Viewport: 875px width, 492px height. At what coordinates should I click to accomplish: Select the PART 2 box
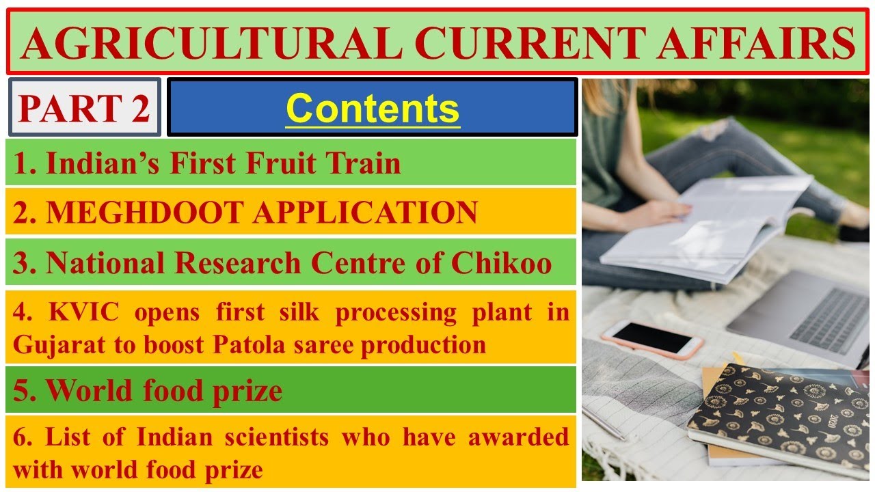(x=85, y=108)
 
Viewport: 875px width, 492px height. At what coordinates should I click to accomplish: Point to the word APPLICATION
(x=365, y=213)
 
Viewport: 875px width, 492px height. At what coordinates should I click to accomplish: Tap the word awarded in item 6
(x=518, y=437)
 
